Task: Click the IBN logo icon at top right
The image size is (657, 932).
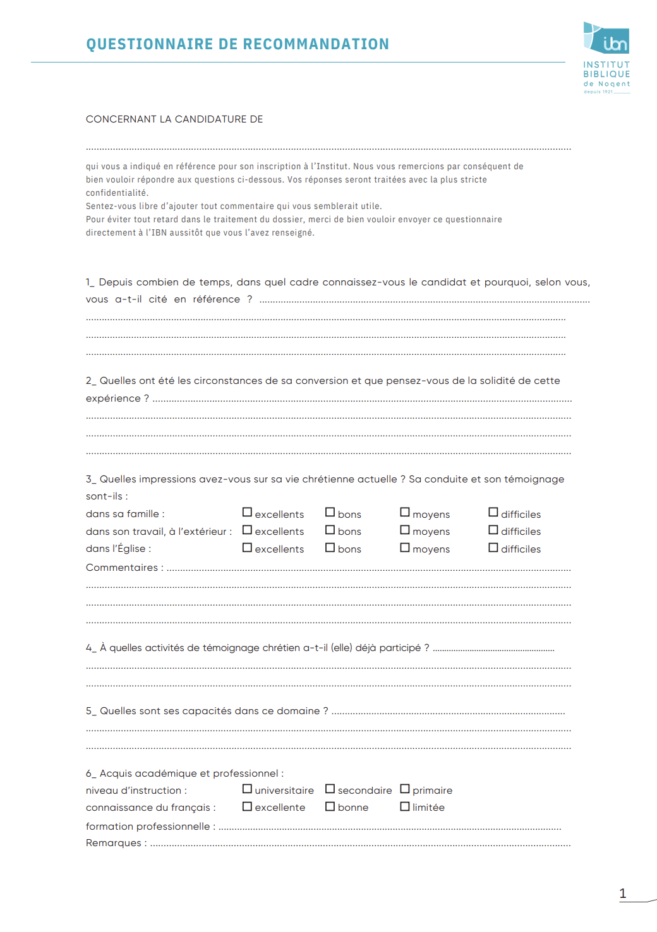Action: click(606, 39)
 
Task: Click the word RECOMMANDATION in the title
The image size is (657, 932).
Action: click(316, 44)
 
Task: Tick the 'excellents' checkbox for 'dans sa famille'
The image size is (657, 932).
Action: click(247, 513)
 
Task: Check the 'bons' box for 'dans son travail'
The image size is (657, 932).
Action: click(330, 530)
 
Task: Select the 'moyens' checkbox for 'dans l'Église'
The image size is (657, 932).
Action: click(405, 547)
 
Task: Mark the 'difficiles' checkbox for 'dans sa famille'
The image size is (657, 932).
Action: click(493, 513)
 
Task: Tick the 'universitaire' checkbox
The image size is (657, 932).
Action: click(247, 789)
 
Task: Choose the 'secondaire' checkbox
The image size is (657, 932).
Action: click(330, 789)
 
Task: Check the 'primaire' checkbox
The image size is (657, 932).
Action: click(405, 789)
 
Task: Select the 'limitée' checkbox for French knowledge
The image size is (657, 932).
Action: click(405, 806)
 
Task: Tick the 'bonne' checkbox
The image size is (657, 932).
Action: click(330, 806)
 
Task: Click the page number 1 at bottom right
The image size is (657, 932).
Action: click(623, 893)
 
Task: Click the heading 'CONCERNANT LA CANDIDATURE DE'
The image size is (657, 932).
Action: click(174, 119)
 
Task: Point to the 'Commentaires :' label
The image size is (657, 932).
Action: click(124, 568)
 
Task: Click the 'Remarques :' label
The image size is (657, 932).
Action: click(116, 843)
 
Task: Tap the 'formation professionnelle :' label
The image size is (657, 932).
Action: click(150, 827)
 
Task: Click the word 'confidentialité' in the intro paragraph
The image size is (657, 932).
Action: click(117, 193)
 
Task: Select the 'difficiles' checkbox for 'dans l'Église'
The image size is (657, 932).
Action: click(493, 547)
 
